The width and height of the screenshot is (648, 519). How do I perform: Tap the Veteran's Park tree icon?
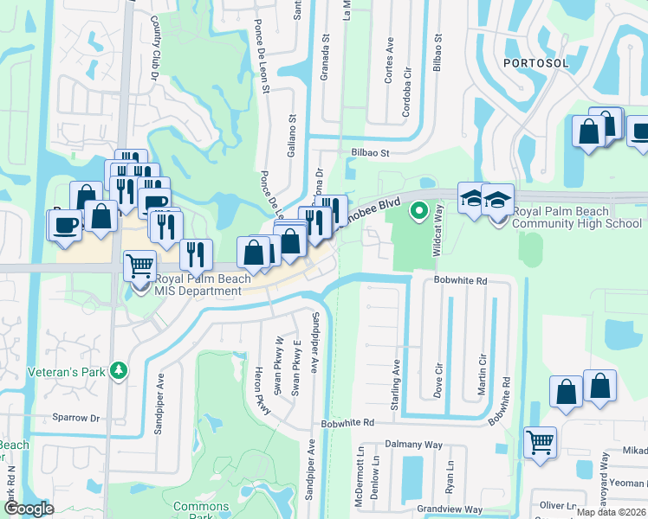click(119, 371)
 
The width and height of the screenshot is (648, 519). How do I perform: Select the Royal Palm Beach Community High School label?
click(577, 217)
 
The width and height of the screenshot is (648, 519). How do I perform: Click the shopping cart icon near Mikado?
click(541, 442)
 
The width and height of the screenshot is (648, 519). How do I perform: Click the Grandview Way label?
click(450, 509)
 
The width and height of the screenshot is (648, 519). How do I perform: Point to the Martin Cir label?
click(483, 374)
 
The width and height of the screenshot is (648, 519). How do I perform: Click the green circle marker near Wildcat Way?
click(419, 209)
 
